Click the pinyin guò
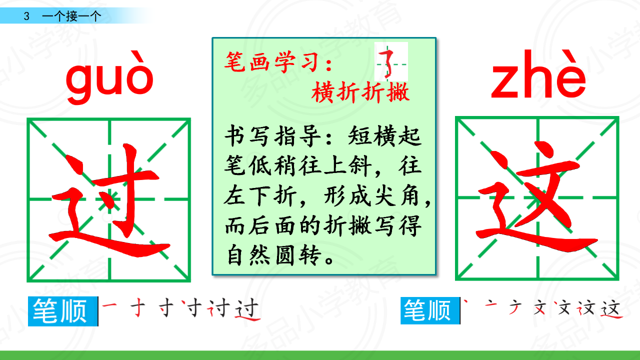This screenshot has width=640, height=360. point(109,77)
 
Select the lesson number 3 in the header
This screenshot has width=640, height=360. point(26,16)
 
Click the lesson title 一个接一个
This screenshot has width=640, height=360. point(71,16)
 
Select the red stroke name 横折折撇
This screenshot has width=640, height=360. point(360,92)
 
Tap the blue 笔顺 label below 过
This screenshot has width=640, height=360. point(63,311)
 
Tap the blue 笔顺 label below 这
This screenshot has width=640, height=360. point(430,310)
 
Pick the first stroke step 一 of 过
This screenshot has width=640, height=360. point(109,305)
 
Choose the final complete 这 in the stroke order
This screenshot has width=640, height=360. point(611,308)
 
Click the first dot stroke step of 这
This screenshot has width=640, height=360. point(465,301)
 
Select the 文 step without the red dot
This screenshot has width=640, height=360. point(539,308)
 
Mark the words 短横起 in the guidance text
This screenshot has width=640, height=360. point(384,136)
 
